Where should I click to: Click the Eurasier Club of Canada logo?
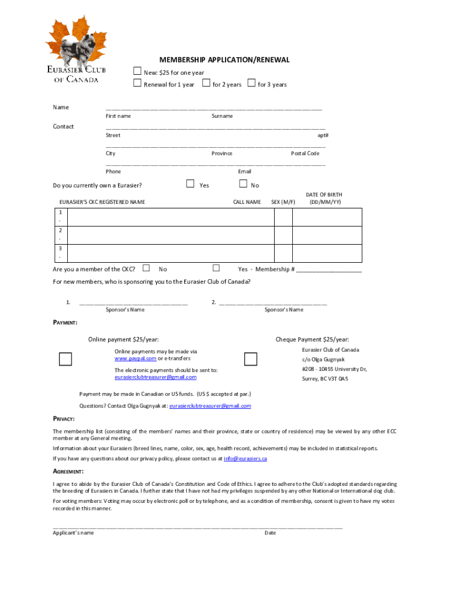(x=74, y=49)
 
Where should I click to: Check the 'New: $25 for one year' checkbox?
(x=137, y=71)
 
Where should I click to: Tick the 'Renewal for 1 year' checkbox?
(x=137, y=84)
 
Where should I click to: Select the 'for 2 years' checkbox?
(x=206, y=84)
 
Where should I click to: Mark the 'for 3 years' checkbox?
(x=251, y=84)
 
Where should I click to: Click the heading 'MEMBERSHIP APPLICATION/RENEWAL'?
(x=225, y=60)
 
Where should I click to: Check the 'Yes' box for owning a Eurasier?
(x=190, y=184)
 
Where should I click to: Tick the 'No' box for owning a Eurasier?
(x=243, y=184)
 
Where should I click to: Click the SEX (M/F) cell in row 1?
(x=283, y=217)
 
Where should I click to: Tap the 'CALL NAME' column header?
(x=247, y=202)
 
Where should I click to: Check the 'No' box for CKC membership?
(x=146, y=268)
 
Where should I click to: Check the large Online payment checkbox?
(x=65, y=359)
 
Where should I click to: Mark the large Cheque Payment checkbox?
(x=251, y=359)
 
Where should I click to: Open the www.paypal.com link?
(x=135, y=359)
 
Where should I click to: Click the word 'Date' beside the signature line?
(x=270, y=533)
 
